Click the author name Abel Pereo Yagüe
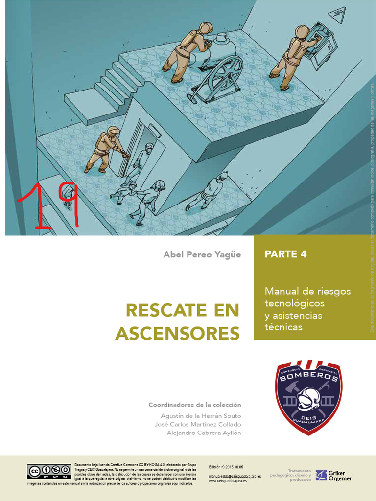pyautogui.click(x=202, y=255)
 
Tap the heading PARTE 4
pyautogui.click(x=285, y=254)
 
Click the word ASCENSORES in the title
pyautogui.click(x=178, y=333)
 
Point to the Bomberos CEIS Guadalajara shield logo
pyautogui.click(x=308, y=397)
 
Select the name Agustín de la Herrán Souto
pyautogui.click(x=201, y=415)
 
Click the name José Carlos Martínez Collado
pyautogui.click(x=197, y=424)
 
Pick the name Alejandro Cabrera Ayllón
pyautogui.click(x=204, y=433)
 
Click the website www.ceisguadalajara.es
pyautogui.click(x=228, y=481)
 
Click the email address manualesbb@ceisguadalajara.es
pyautogui.click(x=235, y=476)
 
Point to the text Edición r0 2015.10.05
pyautogui.click(x=226, y=467)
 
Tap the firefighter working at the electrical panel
pyautogui.click(x=292, y=56)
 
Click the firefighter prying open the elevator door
pyautogui.click(x=104, y=149)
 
